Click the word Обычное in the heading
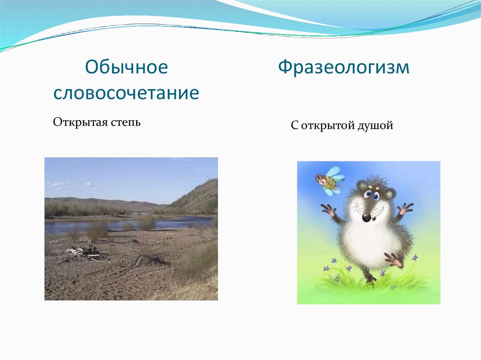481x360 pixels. click(x=126, y=68)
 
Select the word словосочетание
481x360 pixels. click(x=126, y=93)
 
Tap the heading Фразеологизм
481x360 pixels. click(x=343, y=68)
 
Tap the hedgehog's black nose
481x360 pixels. click(x=366, y=217)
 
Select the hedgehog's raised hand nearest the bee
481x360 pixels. click(x=328, y=210)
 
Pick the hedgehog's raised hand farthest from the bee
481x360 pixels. click(x=405, y=208)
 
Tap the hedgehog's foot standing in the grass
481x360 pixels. click(x=371, y=278)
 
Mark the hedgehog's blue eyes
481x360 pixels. click(x=372, y=194)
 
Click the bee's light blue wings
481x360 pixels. click(x=334, y=172)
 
